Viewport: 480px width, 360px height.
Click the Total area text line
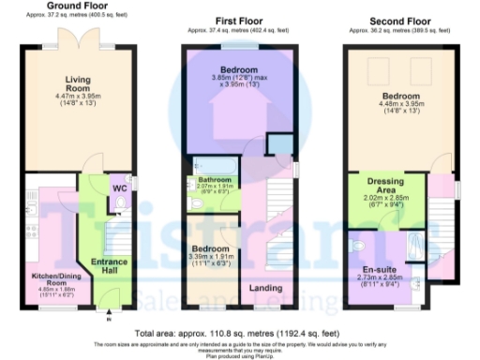click(239, 333)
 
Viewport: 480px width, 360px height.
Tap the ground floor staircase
click(118, 230)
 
